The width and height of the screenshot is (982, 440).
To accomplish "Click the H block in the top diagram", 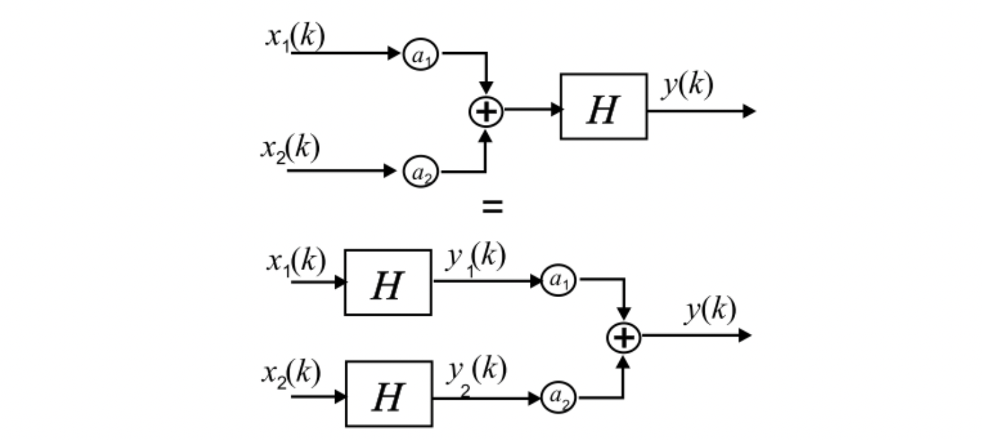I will pyautogui.click(x=603, y=107).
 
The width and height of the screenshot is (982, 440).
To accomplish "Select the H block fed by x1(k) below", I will pyautogui.click(x=388, y=282).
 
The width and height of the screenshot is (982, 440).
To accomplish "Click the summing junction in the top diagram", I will pyautogui.click(x=486, y=111).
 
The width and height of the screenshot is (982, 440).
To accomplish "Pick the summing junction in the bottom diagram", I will pyautogui.click(x=624, y=337).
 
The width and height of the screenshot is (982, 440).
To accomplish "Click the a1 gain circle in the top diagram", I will pyautogui.click(x=422, y=55).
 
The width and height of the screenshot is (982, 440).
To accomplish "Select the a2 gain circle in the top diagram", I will pyautogui.click(x=422, y=171).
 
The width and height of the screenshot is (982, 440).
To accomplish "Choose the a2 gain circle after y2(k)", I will pyautogui.click(x=558, y=398).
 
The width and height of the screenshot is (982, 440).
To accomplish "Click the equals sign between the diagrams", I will pyautogui.click(x=492, y=206).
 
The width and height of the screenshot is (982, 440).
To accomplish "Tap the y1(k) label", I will pyautogui.click(x=475, y=258).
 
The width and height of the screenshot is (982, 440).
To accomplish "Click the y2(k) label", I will pyautogui.click(x=475, y=372).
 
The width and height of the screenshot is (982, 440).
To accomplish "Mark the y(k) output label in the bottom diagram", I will pyautogui.click(x=711, y=312).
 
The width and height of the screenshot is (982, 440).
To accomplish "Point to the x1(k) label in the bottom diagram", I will pyautogui.click(x=295, y=262).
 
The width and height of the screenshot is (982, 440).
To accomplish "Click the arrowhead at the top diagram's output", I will pyautogui.click(x=748, y=111).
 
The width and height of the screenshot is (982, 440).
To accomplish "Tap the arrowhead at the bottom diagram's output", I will pyautogui.click(x=745, y=336).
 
